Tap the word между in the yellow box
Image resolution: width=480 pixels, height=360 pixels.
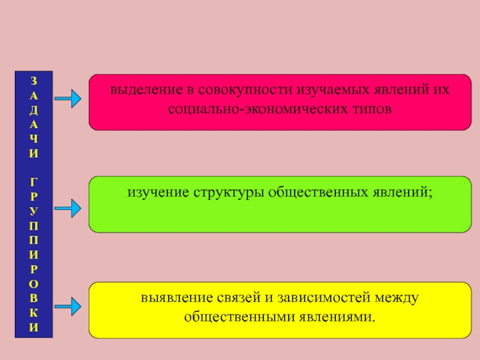click(x=397, y=298)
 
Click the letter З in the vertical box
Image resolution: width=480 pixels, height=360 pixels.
click(x=34, y=81)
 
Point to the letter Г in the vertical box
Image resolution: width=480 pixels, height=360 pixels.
click(x=34, y=181)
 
